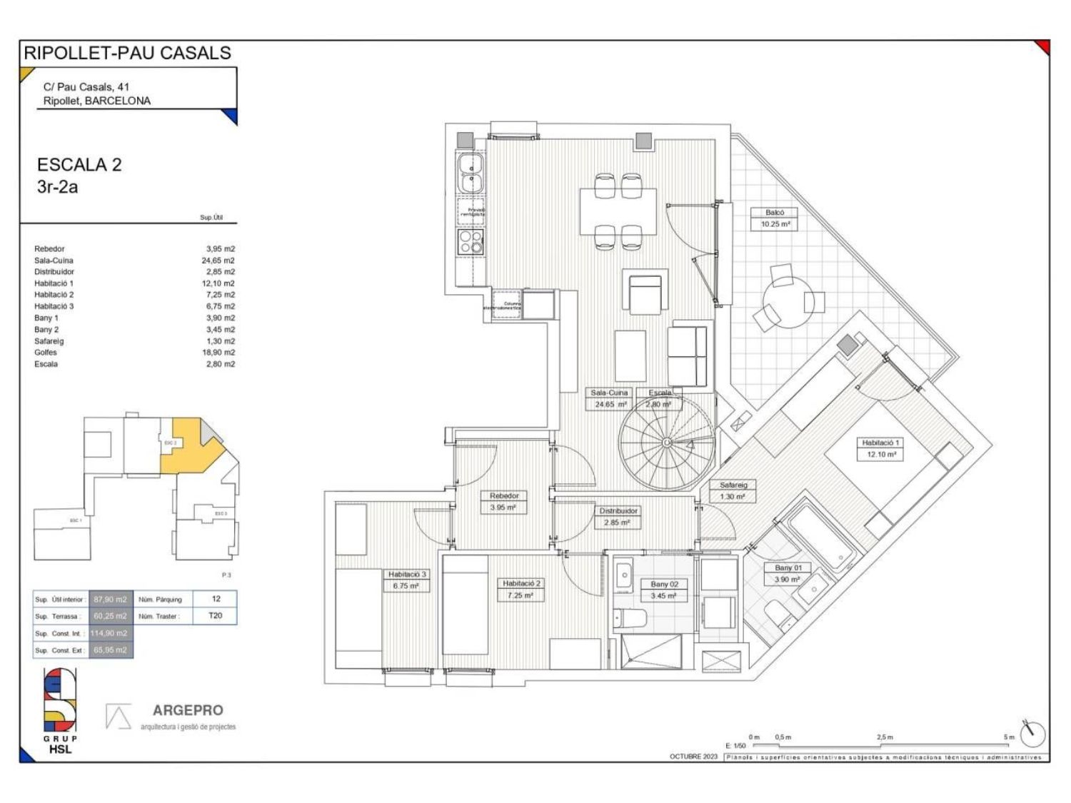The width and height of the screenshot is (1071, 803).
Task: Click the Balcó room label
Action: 775,213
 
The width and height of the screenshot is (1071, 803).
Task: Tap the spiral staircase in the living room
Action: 667,443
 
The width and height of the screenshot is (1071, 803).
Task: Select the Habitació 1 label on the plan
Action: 880,443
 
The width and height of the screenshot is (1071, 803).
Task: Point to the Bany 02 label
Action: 664,585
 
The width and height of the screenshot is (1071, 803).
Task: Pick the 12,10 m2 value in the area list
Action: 220,283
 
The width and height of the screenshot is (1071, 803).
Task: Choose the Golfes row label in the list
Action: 46,353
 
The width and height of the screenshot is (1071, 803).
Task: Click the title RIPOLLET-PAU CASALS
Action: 128,53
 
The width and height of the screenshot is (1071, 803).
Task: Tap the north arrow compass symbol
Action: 1032,733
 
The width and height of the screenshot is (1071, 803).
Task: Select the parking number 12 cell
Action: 216,599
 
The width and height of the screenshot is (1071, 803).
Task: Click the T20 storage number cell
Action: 215,615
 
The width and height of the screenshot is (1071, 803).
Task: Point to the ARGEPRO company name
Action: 188,710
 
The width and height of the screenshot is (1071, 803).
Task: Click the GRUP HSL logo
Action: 60,710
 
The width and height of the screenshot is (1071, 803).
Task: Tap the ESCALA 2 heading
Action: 79,165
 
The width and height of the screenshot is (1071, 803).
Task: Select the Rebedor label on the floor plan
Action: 504,496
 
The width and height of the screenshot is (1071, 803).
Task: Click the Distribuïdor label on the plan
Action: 618,511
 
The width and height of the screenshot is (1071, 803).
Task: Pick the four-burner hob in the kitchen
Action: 471,241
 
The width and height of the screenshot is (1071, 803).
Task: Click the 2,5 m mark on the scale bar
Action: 885,737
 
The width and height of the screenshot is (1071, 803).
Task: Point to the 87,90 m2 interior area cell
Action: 110,600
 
